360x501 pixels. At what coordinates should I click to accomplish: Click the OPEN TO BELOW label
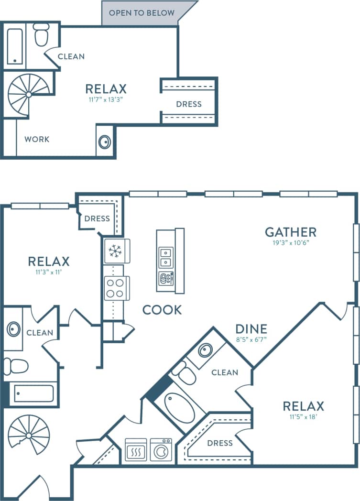142,13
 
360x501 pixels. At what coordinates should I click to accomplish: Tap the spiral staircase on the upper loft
28,94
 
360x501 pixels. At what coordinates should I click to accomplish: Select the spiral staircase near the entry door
29,435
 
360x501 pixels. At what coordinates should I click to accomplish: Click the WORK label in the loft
37,140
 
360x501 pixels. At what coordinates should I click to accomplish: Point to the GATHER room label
291,232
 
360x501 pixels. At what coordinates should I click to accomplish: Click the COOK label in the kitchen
162,310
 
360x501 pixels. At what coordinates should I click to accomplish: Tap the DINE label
251,329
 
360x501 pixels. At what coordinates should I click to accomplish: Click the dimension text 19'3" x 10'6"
291,243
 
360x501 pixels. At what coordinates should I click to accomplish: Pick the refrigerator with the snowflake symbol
115,251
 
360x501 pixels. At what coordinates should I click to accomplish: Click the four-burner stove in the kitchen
115,288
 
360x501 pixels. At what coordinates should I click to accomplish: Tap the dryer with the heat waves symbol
136,449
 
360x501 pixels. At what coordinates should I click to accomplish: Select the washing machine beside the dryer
161,449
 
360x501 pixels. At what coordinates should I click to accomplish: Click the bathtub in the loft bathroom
15,46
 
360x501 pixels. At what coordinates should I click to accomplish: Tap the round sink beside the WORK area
105,142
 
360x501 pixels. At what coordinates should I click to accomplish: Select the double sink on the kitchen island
166,258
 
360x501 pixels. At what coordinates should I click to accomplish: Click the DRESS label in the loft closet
188,104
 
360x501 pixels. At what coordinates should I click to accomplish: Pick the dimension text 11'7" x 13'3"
106,100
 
